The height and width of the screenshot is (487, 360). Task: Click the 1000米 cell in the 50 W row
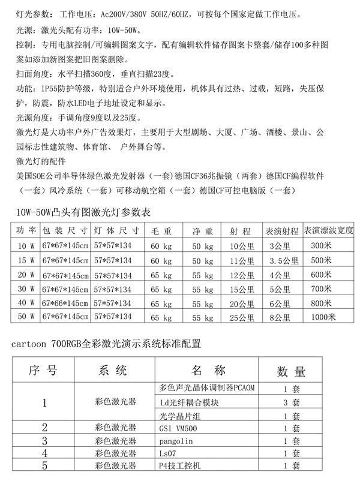[x=322, y=316]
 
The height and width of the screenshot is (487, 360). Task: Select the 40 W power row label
[x=26, y=302]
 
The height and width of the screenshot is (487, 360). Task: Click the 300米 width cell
[x=322, y=245]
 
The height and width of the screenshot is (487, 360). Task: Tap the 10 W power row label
[x=26, y=245]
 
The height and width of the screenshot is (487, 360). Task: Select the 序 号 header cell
[x=43, y=372]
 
